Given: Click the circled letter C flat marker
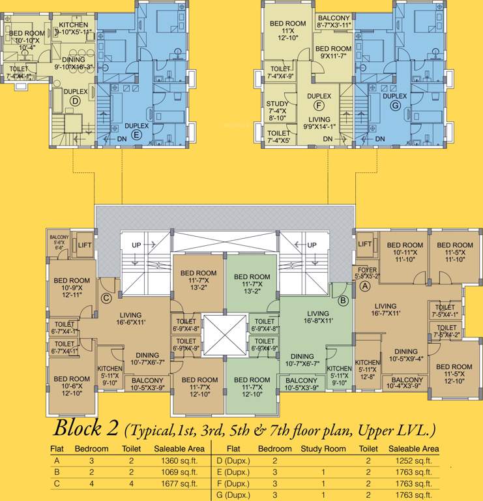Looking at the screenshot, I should [x=106, y=299].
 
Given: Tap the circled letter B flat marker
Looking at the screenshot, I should [x=342, y=301].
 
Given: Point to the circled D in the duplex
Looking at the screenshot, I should [x=75, y=101].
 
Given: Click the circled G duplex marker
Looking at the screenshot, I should [x=394, y=106].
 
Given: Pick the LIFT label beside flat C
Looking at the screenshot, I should [x=85, y=245].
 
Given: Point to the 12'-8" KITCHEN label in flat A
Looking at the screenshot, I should [x=367, y=367].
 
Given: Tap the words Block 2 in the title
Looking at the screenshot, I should [x=86, y=429].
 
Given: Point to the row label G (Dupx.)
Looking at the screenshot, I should [x=233, y=495].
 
